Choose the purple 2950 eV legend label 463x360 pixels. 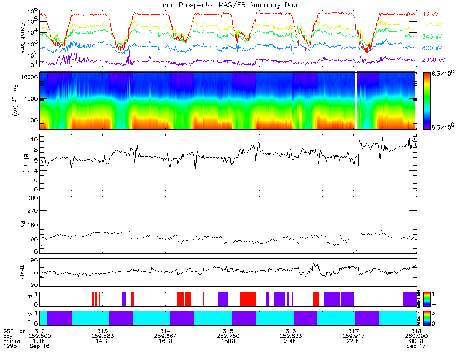[x=434, y=60]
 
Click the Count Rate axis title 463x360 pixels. [x=22, y=37]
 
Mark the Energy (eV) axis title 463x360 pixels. [x=22, y=101]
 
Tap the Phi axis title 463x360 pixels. [x=22, y=225]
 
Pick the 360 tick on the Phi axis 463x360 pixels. [x=32, y=198]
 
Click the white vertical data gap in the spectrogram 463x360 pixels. [x=356, y=100]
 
